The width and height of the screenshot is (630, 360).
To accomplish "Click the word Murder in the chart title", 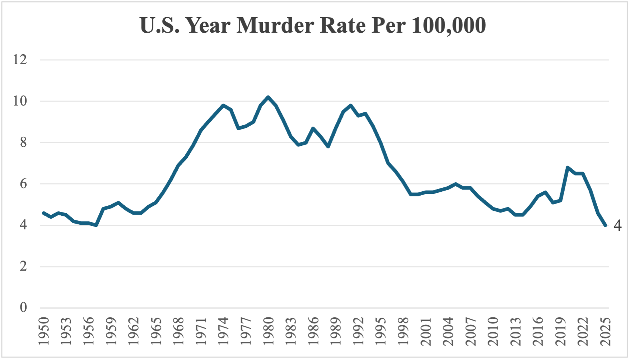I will click(x=275, y=26).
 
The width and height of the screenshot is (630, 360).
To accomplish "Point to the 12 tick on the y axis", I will click(x=20, y=60).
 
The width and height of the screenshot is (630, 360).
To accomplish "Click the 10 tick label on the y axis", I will click(x=20, y=101).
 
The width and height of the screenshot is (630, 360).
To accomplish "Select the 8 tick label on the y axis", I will click(x=23, y=142).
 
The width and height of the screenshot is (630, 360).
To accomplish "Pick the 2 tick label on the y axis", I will click(x=23, y=266).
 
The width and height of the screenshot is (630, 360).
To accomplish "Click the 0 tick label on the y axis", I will click(x=23, y=308).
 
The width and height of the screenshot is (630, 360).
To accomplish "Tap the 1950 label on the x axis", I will click(x=43, y=331).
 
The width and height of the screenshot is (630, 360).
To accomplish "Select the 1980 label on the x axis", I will click(x=268, y=331).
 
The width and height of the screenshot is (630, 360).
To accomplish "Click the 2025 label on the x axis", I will click(x=606, y=331).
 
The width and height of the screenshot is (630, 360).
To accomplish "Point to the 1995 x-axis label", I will click(x=381, y=331).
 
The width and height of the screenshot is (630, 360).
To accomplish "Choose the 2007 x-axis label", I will click(x=471, y=331).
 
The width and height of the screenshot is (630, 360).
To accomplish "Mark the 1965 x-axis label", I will click(x=156, y=331).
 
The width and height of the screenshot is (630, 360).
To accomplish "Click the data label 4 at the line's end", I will click(x=617, y=225).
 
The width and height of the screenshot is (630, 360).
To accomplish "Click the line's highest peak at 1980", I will click(x=268, y=97).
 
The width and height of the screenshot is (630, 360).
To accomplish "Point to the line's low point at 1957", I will click(x=96, y=225).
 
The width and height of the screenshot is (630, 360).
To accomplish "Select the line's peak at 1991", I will click(x=351, y=105).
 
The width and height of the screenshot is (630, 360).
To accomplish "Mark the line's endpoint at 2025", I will click(x=606, y=225).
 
